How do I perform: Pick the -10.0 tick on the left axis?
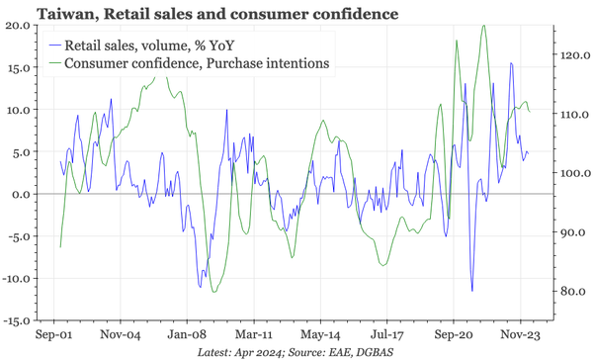tap(16, 278)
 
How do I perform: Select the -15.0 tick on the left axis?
tap(16, 320)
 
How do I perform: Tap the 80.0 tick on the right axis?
tap(571, 292)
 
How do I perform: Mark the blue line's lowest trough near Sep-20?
tap(471, 291)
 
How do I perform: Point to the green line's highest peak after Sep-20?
tap(483, 26)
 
